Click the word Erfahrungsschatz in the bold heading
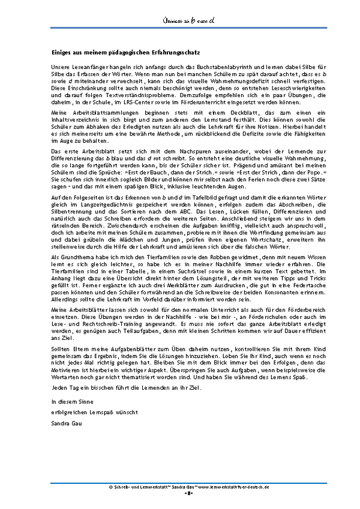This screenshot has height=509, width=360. click(x=173, y=53)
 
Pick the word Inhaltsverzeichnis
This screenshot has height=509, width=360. click(x=73, y=119)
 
